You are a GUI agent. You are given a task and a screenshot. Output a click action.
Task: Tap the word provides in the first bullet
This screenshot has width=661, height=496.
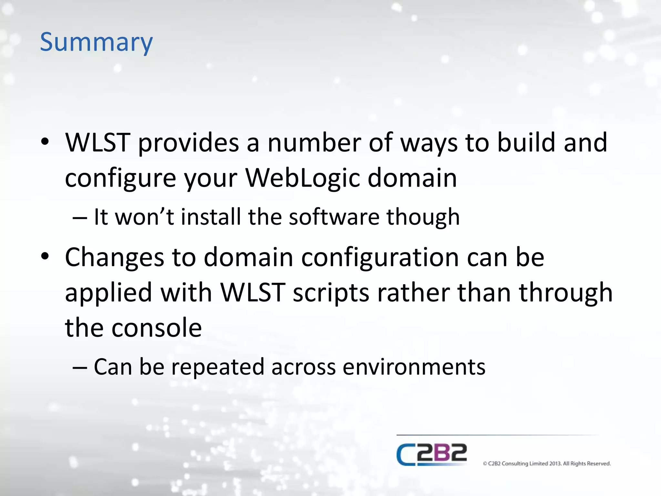188,142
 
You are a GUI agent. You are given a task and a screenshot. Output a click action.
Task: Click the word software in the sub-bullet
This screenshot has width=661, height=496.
334,217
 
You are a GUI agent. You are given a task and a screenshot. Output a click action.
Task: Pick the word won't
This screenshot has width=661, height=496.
145,217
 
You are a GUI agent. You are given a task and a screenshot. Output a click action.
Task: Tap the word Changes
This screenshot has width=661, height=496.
115,257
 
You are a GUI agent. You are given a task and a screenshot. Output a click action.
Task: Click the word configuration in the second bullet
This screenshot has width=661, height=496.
380,257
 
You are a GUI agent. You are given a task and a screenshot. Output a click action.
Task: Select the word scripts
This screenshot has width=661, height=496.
331,293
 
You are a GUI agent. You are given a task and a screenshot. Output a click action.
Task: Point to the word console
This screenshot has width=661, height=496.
157,328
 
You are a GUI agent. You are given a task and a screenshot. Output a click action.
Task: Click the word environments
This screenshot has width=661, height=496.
414,367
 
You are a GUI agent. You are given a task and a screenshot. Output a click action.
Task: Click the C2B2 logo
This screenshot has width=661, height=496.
432,454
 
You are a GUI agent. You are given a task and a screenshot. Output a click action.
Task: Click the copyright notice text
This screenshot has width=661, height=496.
547,464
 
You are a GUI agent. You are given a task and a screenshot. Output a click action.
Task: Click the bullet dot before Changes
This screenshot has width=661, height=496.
45,257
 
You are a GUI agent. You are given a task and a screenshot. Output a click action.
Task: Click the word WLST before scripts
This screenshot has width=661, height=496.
253,293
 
